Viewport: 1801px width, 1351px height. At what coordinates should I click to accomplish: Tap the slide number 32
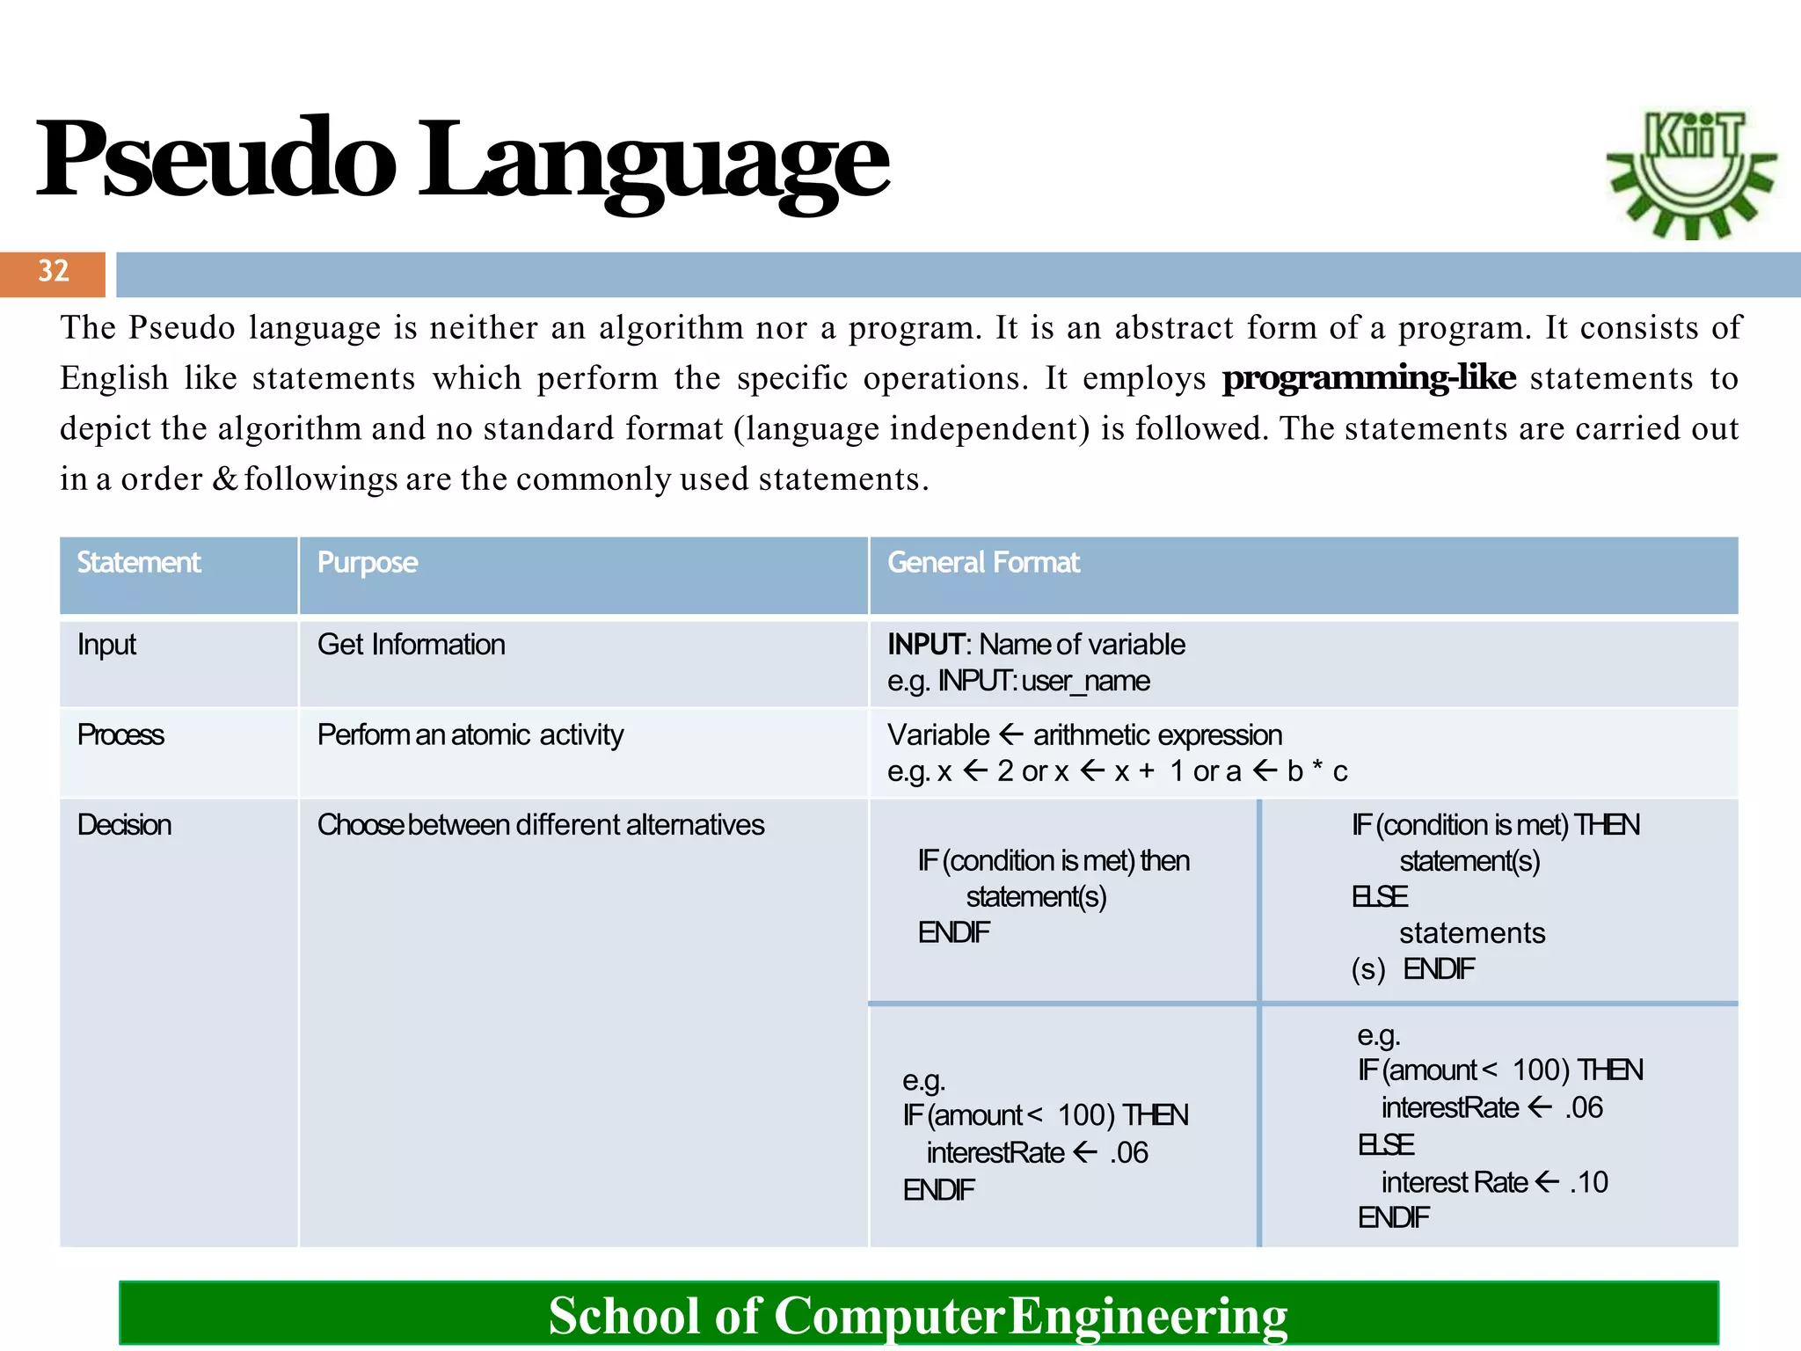53,271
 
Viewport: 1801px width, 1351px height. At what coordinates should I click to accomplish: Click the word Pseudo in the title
215,160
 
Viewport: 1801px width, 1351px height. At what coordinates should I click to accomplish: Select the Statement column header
139,563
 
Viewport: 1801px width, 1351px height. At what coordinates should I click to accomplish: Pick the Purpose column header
367,563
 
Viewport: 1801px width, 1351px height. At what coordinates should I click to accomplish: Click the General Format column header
982,563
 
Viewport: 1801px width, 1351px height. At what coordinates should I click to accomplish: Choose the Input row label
106,645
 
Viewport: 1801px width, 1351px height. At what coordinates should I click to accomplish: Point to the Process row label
120,734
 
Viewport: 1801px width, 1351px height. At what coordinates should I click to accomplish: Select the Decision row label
124,825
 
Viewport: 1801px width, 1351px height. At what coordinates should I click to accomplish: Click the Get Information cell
411,645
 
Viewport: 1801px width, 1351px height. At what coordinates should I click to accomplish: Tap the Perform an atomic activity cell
470,734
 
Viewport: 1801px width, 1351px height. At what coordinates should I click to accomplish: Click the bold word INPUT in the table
925,645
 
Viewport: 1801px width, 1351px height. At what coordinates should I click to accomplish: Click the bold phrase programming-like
1368,377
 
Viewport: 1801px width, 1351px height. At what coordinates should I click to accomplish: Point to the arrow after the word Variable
1011,734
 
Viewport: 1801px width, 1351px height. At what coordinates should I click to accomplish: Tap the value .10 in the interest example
1589,1182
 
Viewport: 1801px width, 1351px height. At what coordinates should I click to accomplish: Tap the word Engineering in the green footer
1148,1316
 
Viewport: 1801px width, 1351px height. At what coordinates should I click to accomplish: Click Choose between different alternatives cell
540,825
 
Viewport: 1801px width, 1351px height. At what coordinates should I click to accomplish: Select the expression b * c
1316,771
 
